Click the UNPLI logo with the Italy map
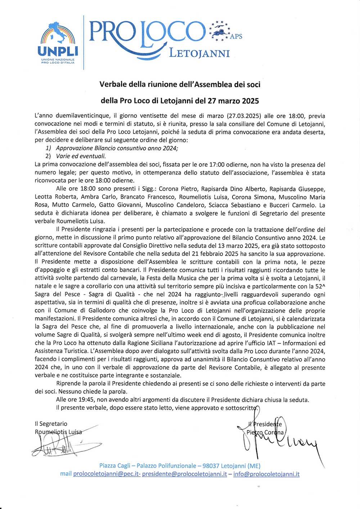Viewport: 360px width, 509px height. point(58,42)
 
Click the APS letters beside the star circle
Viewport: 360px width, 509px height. point(236,36)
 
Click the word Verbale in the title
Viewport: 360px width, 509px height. point(113,84)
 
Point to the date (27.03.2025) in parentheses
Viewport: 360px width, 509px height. point(244,116)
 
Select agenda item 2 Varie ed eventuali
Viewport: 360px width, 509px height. point(81,156)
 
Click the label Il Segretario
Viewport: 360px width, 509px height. point(51,424)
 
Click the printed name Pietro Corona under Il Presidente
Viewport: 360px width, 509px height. point(265,432)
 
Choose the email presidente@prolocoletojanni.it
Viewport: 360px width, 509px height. point(184,474)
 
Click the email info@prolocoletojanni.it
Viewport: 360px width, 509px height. point(266,474)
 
